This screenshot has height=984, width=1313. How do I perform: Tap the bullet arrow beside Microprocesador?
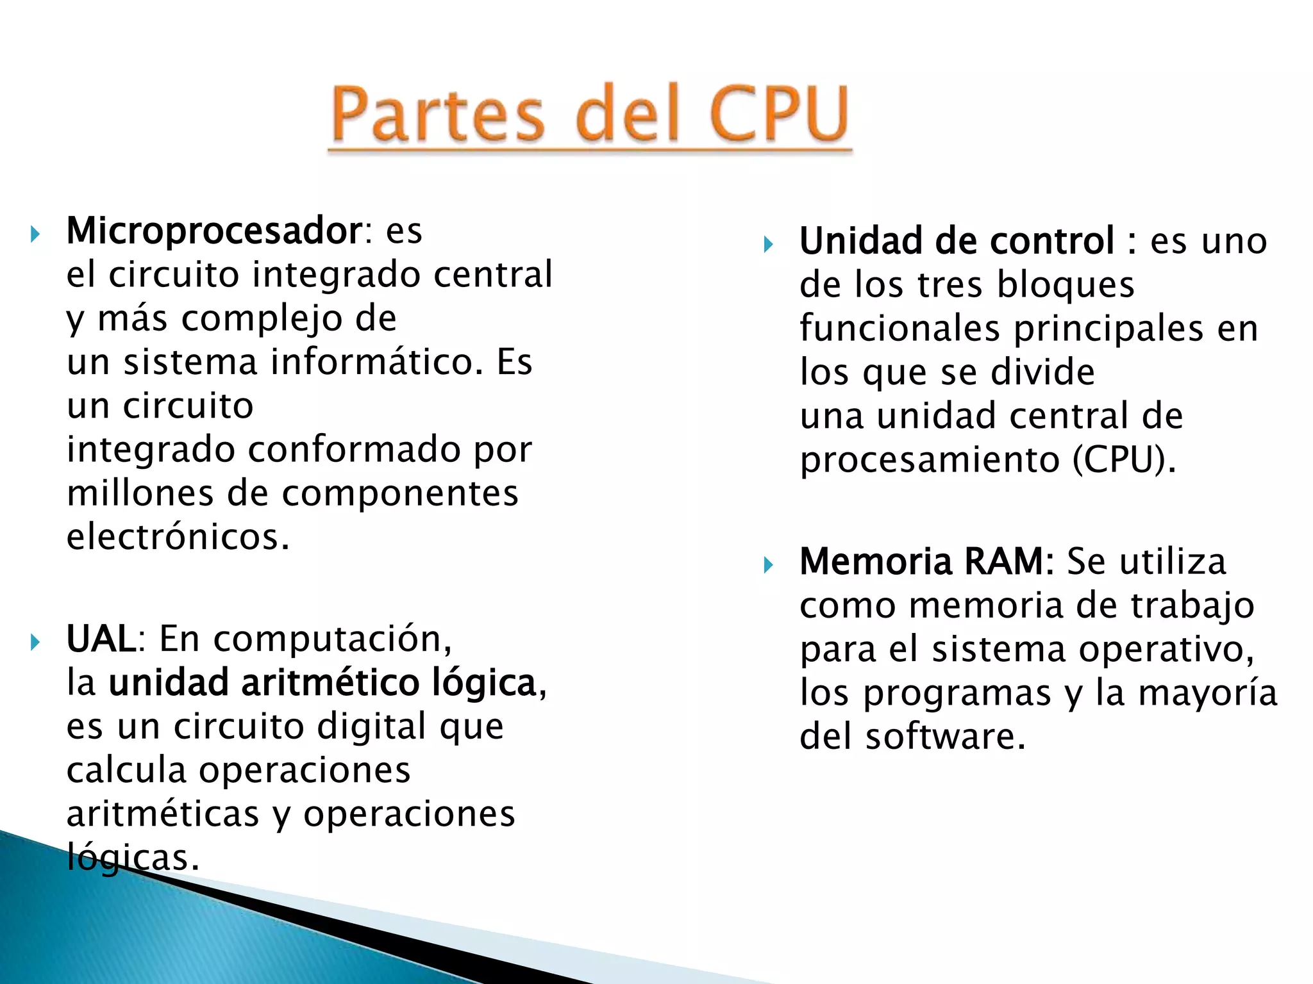(x=35, y=234)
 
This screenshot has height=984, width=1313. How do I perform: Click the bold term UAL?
(x=101, y=639)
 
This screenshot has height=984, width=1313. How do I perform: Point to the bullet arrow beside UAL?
(x=35, y=643)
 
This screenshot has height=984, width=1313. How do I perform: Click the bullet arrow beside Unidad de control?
(x=769, y=244)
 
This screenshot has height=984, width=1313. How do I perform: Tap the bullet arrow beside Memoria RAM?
(x=769, y=565)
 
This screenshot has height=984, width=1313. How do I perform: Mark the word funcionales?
(x=899, y=329)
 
